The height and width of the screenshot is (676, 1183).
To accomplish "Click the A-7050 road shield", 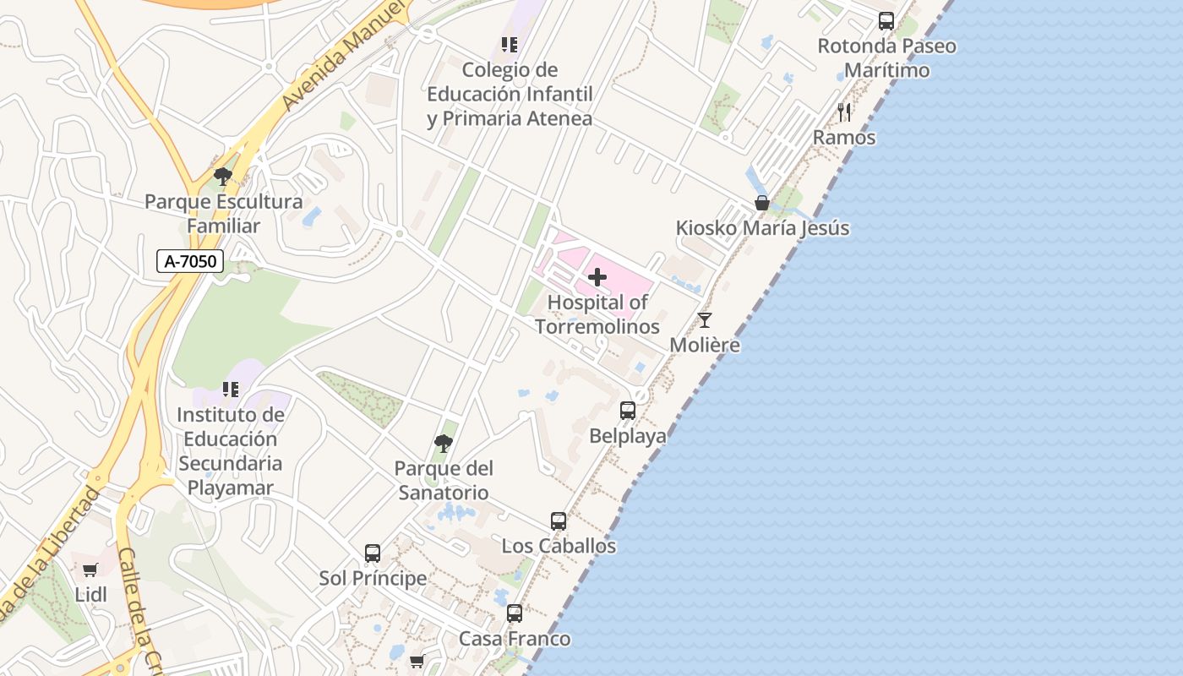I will point(190,261).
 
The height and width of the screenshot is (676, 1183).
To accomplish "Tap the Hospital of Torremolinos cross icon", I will point(597,277).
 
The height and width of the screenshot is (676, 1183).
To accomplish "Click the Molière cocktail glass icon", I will point(705,320).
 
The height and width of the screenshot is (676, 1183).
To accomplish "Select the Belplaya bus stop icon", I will point(628,411).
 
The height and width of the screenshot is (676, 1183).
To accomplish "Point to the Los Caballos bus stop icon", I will point(559,521).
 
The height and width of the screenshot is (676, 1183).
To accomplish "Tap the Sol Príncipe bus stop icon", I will point(373,553).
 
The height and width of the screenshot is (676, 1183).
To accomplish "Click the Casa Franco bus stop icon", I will point(515,613).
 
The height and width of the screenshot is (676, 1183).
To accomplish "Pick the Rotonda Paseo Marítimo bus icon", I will point(886,21).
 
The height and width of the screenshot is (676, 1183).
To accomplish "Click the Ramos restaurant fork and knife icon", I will point(844,112).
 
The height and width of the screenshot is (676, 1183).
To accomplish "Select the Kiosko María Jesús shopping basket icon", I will point(762,203).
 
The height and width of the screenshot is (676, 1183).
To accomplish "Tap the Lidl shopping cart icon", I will point(90,570).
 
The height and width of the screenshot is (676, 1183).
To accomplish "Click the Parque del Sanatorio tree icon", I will point(444,443).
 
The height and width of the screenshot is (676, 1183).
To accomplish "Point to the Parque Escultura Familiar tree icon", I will point(223,177).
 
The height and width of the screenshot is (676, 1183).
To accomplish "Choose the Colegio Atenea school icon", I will point(509,44).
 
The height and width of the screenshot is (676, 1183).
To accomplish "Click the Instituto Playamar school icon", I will point(230,390).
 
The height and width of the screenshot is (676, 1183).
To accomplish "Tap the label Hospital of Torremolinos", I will point(597,314).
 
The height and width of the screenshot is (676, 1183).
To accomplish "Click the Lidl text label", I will point(91,595).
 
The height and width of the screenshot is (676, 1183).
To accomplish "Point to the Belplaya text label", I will point(628,436).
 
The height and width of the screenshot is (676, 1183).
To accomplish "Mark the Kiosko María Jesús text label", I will point(762,228).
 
